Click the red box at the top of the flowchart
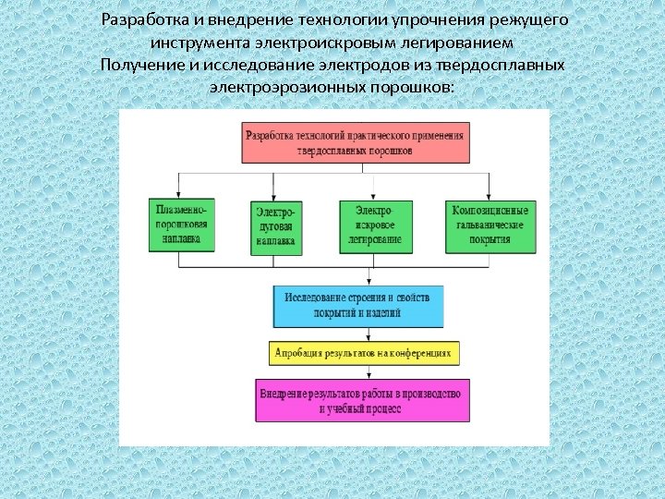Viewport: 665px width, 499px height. pyautogui.click(x=356, y=143)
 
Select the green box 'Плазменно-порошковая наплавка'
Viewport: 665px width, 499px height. pyautogui.click(x=182, y=225)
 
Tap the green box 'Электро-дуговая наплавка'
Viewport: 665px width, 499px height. pyautogui.click(x=276, y=226)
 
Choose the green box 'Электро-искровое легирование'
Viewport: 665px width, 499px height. pyautogui.click(x=373, y=225)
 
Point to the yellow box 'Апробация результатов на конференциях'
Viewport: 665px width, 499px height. pyautogui.click(x=364, y=353)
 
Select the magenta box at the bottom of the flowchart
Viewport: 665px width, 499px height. pyautogui.click(x=362, y=401)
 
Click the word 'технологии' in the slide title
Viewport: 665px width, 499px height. pyautogui.click(x=311, y=19)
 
